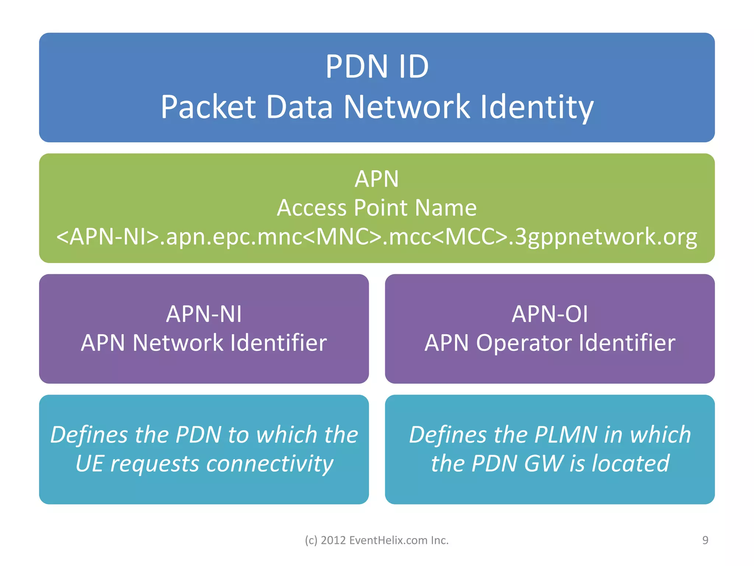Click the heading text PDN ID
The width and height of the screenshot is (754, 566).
pos(377,67)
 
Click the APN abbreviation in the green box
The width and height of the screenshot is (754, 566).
pos(377,179)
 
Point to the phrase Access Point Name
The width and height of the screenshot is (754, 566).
pos(377,207)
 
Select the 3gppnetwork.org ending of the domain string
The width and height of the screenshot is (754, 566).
pos(606,237)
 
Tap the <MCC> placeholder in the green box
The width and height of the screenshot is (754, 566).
pos(469,237)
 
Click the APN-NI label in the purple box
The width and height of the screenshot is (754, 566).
pos(204,314)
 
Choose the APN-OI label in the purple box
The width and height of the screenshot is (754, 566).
pos(550,314)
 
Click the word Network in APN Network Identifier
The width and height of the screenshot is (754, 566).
pos(178,343)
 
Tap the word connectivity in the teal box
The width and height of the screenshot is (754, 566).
pos(269,464)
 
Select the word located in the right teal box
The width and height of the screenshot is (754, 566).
pos(630,464)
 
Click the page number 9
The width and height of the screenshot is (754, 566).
pos(705,540)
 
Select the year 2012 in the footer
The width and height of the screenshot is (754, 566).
pos(333,540)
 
